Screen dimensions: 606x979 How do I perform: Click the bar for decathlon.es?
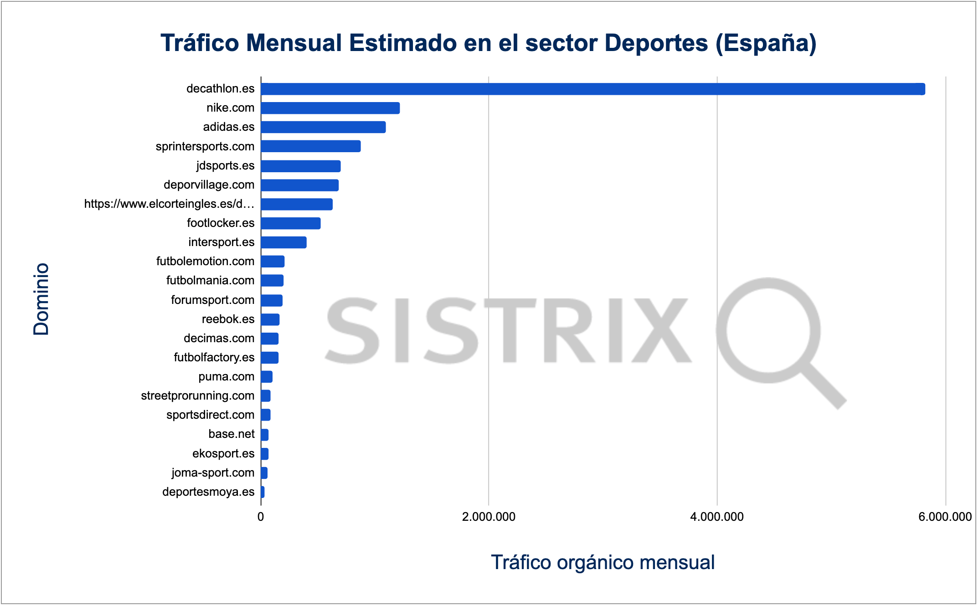(x=593, y=89)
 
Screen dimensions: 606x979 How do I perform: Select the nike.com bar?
(x=330, y=108)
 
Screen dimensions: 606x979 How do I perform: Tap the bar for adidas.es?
(x=323, y=127)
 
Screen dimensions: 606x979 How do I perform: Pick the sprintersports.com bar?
(x=311, y=146)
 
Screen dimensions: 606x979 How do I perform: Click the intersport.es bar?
(x=283, y=242)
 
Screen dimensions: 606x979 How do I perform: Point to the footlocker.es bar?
(x=291, y=223)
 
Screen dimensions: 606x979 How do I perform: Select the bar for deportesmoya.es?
(x=263, y=492)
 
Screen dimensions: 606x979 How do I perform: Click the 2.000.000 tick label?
(x=489, y=517)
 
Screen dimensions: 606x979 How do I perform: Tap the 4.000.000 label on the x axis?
(x=717, y=517)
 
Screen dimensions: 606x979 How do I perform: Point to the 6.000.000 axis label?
(x=945, y=517)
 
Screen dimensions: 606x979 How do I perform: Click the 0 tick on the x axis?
(x=261, y=517)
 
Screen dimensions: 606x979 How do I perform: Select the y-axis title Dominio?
(x=41, y=299)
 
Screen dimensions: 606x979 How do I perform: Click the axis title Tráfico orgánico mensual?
(x=603, y=562)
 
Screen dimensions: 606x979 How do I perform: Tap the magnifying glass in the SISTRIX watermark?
(x=775, y=337)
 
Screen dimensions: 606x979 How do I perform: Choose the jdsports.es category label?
(x=225, y=165)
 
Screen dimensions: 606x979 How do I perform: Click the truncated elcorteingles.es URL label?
(x=169, y=204)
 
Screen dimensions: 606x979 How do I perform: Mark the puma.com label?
(x=226, y=377)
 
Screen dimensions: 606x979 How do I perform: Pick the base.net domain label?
(x=232, y=434)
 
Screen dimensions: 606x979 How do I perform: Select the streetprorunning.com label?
(x=197, y=395)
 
